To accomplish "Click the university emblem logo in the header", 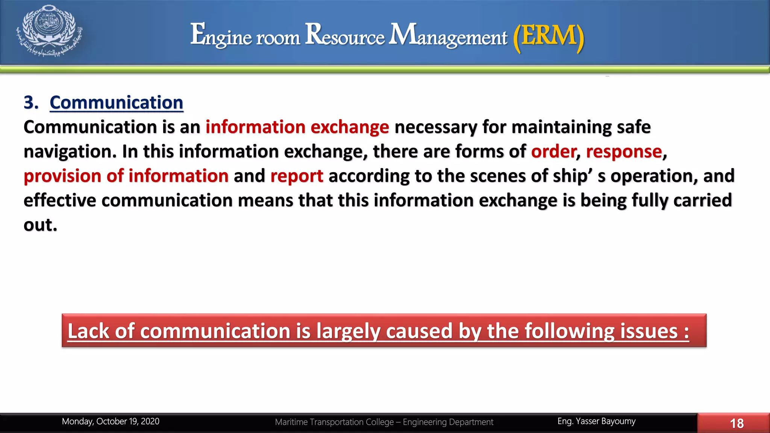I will [x=49, y=31].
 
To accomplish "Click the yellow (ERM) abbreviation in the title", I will [x=549, y=36].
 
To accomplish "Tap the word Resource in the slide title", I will [x=345, y=35].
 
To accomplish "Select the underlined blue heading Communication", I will [x=116, y=103].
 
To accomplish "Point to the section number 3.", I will [x=31, y=103].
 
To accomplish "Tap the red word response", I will [x=624, y=151].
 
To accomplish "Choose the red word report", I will [x=297, y=176].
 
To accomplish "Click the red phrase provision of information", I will [x=126, y=176].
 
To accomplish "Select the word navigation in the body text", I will [x=70, y=151].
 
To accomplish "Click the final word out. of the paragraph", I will [x=40, y=225].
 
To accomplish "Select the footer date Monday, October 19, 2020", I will [x=111, y=421].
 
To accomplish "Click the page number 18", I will [x=737, y=423].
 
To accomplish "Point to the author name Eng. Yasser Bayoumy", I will [x=596, y=421].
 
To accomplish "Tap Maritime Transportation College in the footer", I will [x=334, y=422].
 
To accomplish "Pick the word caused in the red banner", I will [x=419, y=331].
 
